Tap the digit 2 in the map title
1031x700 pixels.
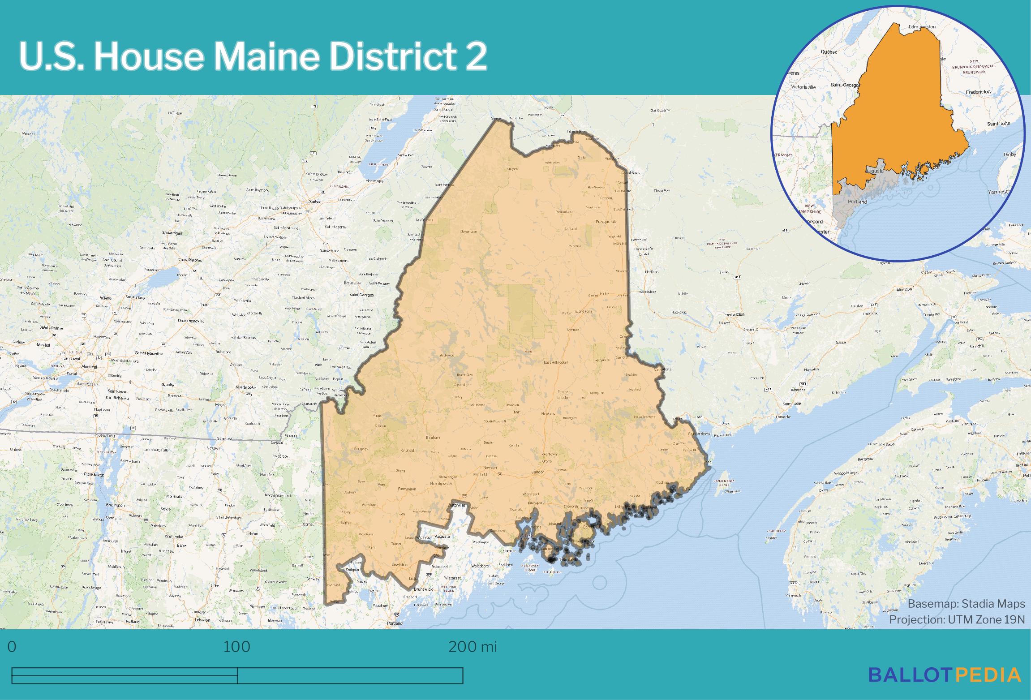tap(476, 56)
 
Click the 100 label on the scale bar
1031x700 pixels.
tap(237, 647)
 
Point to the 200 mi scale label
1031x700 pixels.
tap(473, 647)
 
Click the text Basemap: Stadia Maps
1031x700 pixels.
tap(966, 604)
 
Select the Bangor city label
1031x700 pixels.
tap(537, 472)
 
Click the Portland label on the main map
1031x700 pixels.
tap(395, 623)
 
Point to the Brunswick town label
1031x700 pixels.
tap(423, 589)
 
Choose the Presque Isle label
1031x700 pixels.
tap(606, 222)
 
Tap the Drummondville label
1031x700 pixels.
tap(191, 321)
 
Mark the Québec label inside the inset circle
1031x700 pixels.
tap(829, 52)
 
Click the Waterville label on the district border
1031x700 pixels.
tap(458, 505)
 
